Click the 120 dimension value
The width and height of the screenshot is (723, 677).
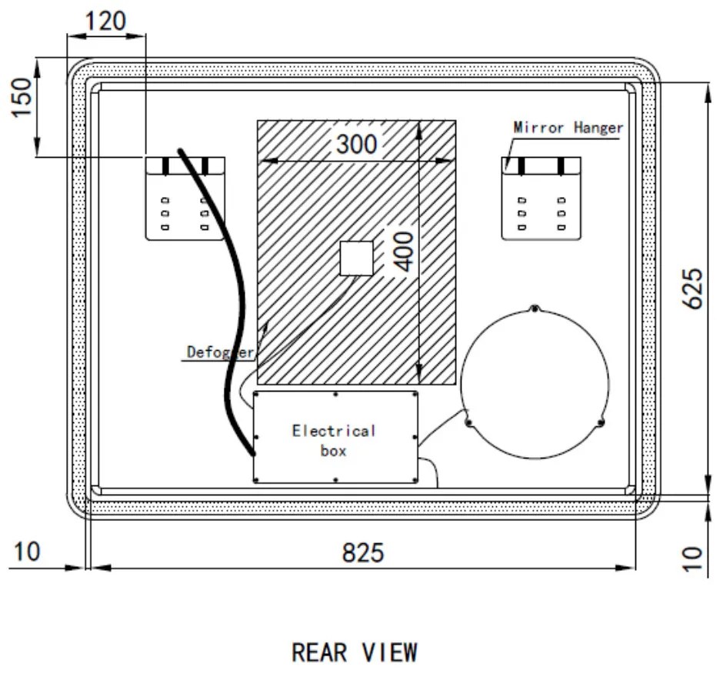click(x=105, y=21)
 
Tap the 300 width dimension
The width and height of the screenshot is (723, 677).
click(x=356, y=143)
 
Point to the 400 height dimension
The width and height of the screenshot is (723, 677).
click(x=401, y=251)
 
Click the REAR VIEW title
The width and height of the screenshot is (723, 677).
click(x=355, y=653)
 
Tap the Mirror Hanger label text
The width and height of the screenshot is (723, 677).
click(x=568, y=128)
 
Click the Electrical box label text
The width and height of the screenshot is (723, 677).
click(x=334, y=440)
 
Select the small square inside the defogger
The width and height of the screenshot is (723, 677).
click(x=357, y=258)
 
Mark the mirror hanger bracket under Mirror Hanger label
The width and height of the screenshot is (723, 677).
click(x=541, y=198)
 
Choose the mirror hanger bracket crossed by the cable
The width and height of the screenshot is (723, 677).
click(x=185, y=198)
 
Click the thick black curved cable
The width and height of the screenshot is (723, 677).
click(x=228, y=308)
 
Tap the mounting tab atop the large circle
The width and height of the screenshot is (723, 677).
click(x=534, y=309)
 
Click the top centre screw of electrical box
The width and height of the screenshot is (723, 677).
click(x=335, y=395)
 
